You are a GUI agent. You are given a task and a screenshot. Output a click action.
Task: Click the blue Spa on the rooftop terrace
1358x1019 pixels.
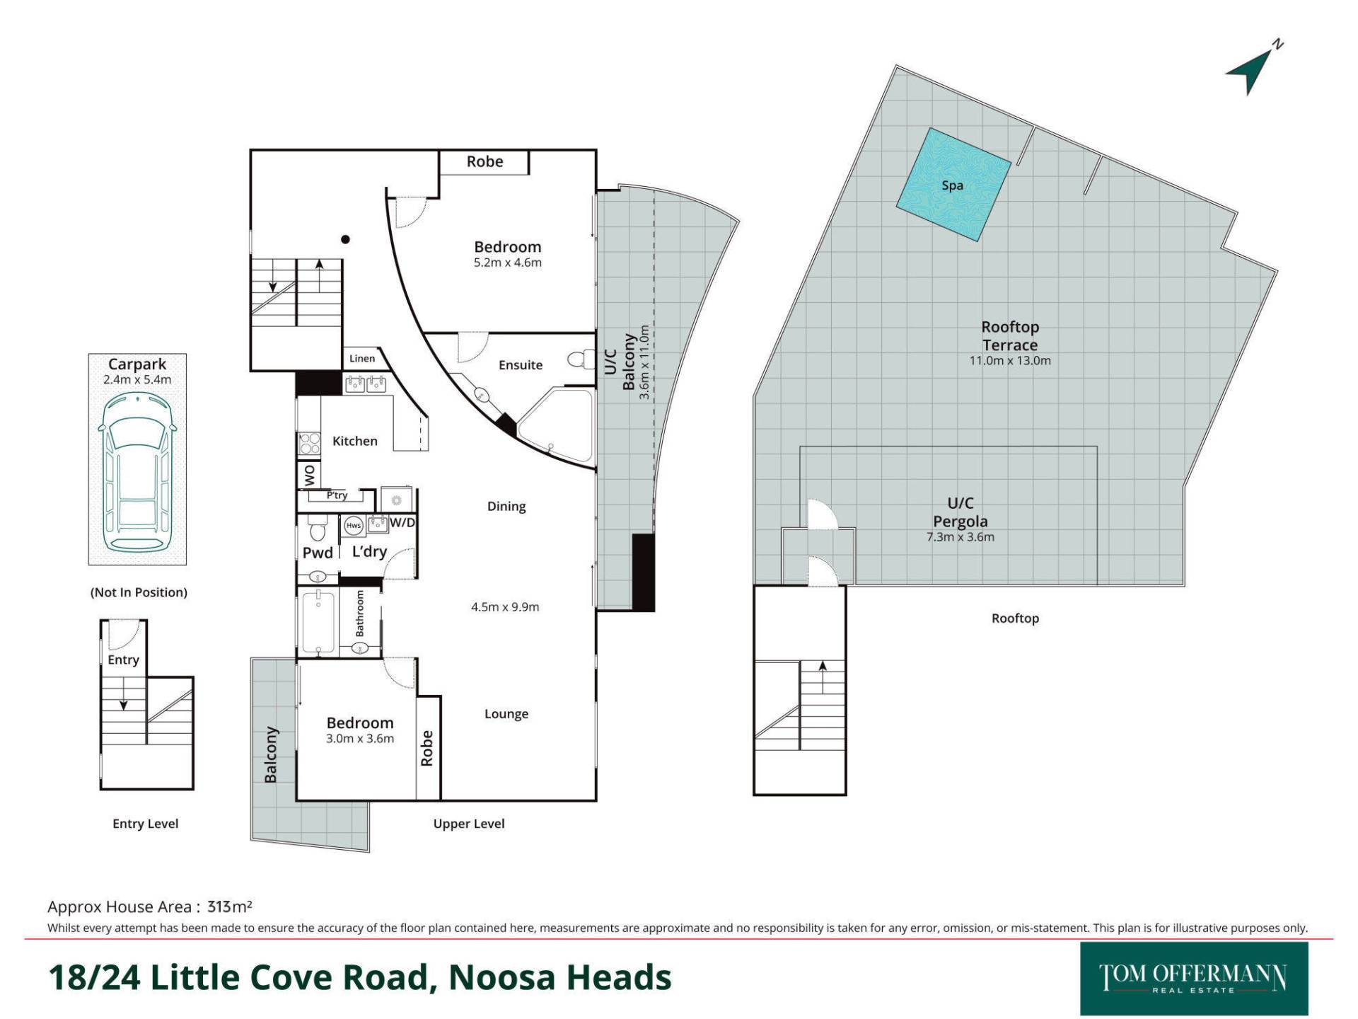click(953, 185)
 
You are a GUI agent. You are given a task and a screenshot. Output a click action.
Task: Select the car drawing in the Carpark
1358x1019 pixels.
click(137, 471)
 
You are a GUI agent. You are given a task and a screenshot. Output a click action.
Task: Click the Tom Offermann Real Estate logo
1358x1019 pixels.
click(1194, 979)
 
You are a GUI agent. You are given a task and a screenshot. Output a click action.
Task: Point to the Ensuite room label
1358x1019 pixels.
click(521, 365)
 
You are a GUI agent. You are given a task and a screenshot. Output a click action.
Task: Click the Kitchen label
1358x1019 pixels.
click(355, 441)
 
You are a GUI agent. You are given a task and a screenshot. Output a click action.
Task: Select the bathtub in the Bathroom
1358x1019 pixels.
click(318, 621)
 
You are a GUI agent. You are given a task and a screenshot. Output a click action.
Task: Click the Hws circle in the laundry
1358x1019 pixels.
click(354, 526)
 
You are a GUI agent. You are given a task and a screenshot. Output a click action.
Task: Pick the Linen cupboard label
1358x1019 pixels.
click(362, 358)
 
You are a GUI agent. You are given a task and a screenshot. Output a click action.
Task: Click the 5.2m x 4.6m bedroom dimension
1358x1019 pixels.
click(508, 263)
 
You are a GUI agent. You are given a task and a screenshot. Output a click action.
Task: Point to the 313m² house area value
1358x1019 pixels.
click(230, 906)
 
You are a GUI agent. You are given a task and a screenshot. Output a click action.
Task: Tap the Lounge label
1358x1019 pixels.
click(506, 714)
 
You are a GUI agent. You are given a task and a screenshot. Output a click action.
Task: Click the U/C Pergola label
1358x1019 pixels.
click(961, 512)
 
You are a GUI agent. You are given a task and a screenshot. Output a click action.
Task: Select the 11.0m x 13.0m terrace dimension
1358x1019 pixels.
click(1010, 360)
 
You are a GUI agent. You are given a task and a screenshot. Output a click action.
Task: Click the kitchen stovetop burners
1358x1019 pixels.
click(309, 443)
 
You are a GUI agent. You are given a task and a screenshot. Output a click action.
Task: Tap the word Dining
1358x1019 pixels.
click(506, 507)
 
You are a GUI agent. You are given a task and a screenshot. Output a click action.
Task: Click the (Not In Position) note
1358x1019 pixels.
click(139, 592)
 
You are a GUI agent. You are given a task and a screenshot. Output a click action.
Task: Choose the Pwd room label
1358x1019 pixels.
click(318, 553)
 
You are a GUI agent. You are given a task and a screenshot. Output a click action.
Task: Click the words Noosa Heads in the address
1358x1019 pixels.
click(560, 977)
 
